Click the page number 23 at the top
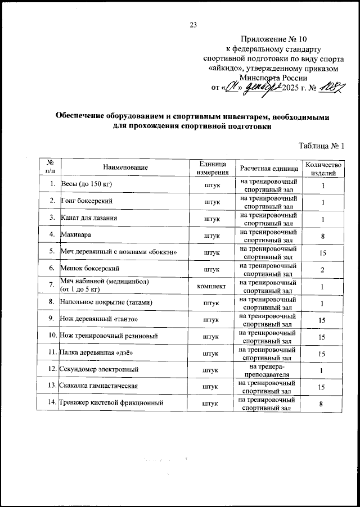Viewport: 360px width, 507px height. point(193,24)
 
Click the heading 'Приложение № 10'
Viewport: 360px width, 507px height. point(274,39)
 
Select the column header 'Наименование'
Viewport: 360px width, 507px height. point(125,168)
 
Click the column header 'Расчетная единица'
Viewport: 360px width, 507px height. point(269,168)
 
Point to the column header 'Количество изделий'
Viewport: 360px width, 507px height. point(323,168)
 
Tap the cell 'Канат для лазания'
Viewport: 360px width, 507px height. point(91,218)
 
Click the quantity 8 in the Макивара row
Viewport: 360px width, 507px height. point(323,236)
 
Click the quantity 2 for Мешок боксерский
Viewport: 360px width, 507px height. point(323,270)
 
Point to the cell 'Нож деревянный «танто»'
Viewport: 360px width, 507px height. point(99,319)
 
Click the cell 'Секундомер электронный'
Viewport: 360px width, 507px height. point(99,370)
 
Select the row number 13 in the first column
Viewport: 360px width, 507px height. point(51,386)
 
